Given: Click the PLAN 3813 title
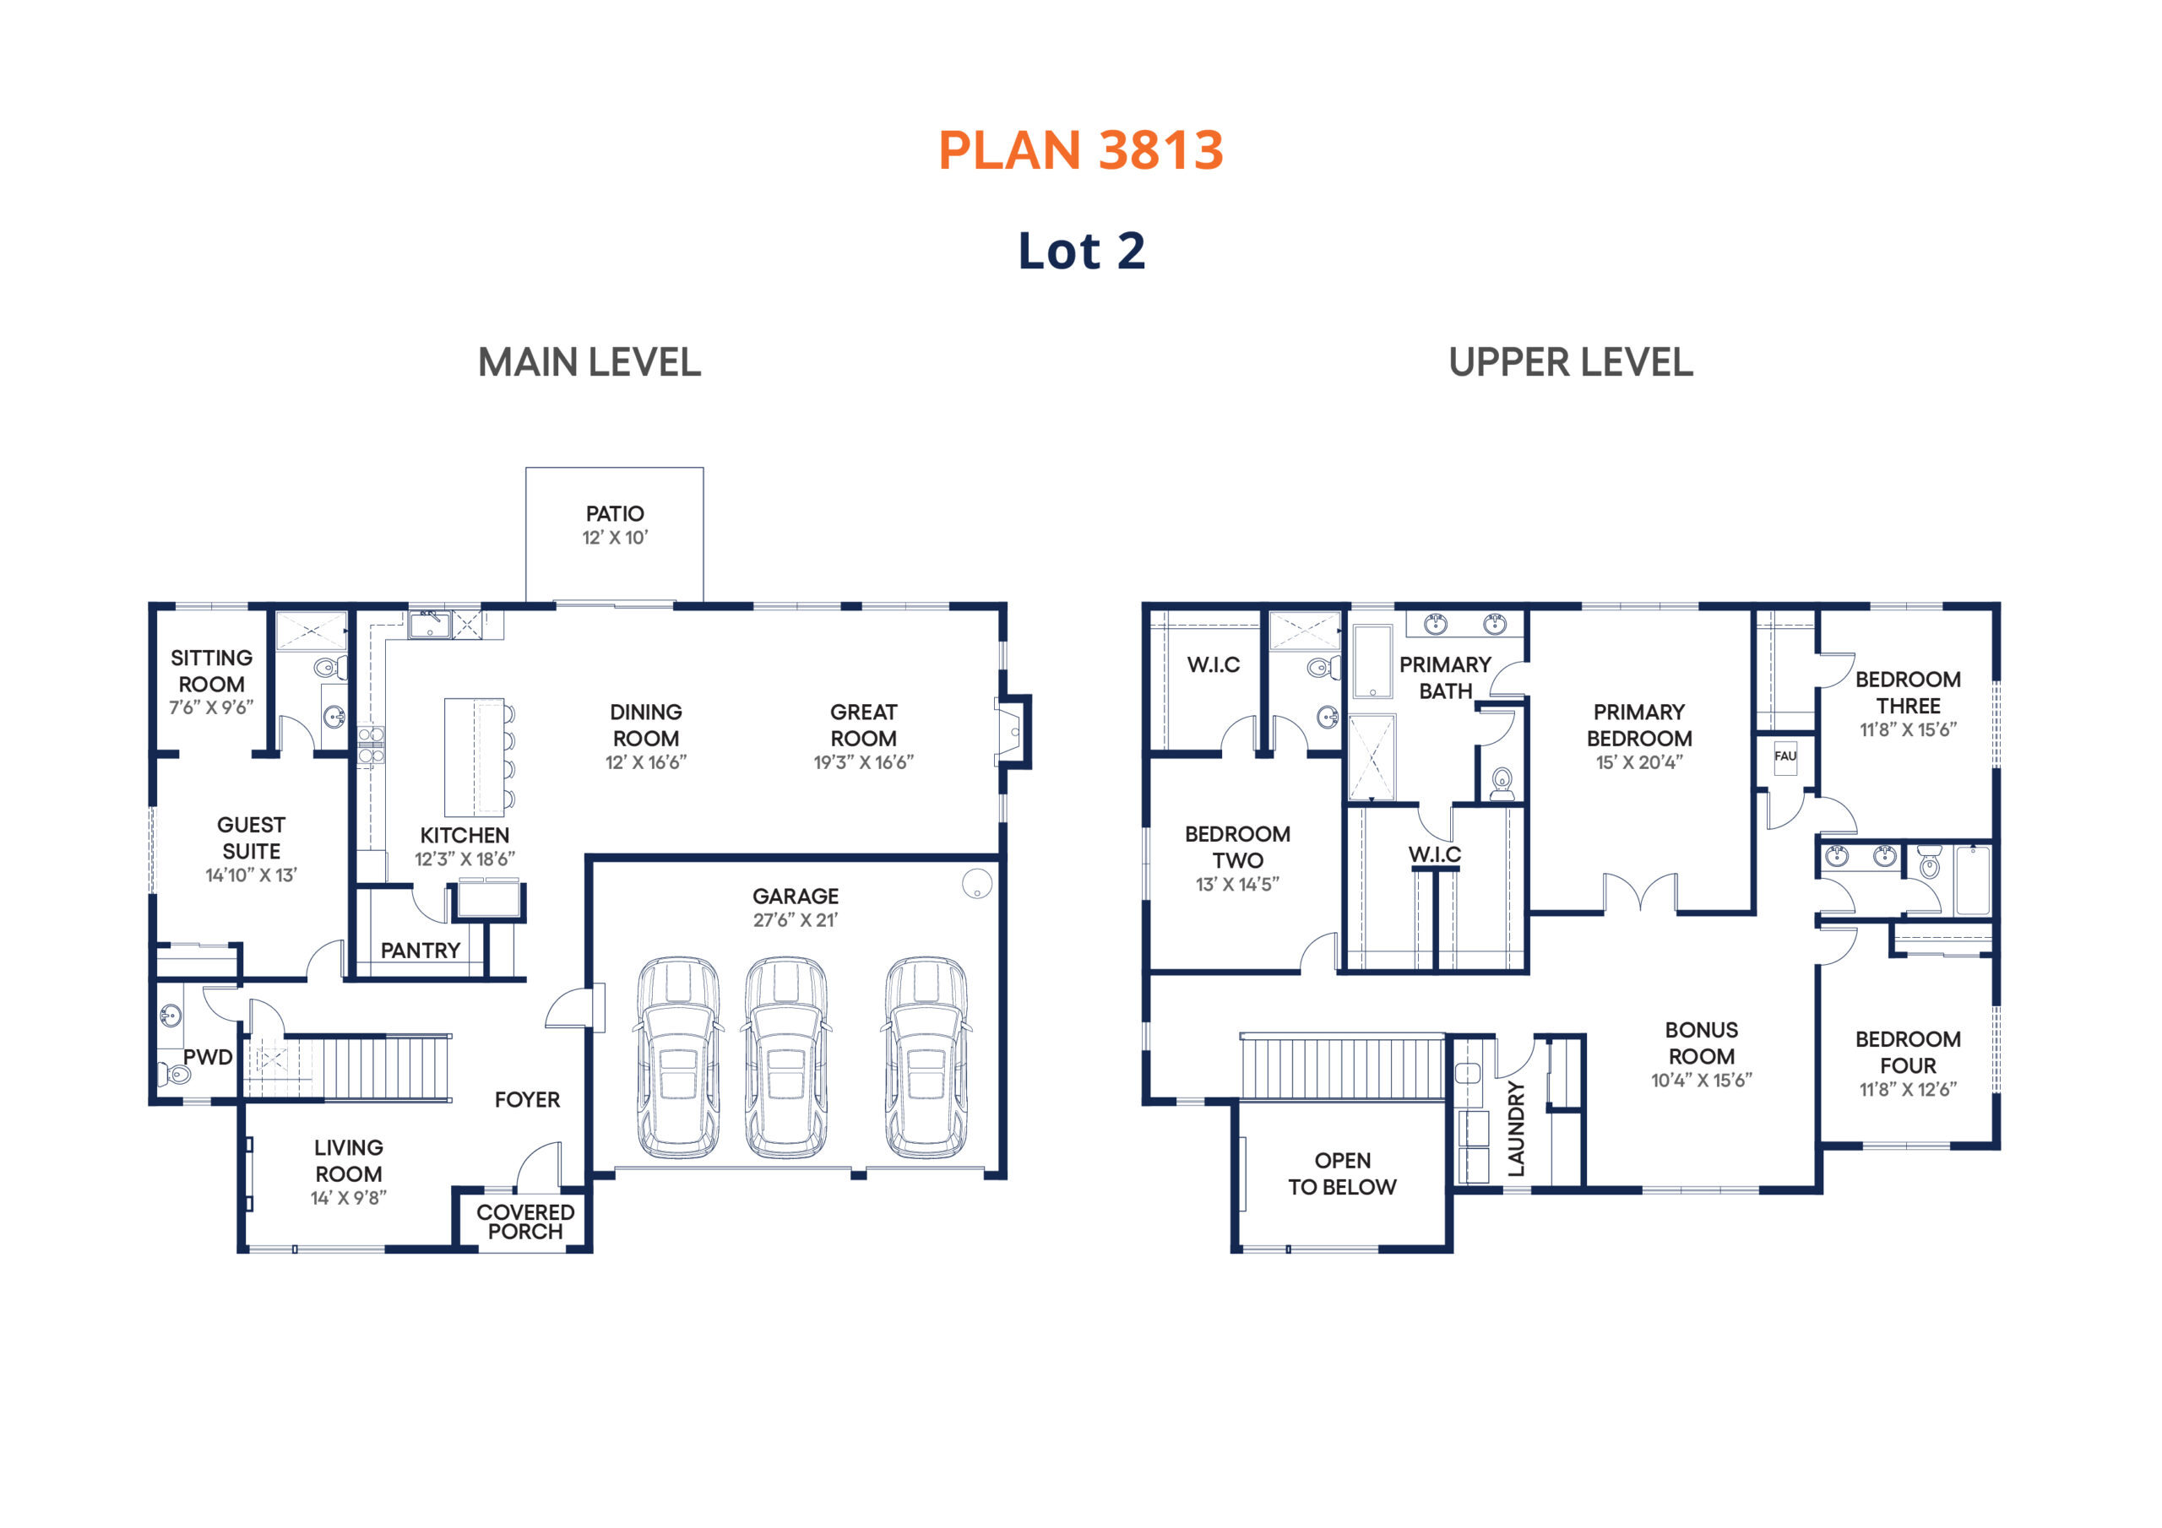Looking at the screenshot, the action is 1080,149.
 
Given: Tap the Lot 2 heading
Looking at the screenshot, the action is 1081,251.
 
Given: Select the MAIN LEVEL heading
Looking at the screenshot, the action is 589,362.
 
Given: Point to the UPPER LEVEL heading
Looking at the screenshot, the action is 1571,362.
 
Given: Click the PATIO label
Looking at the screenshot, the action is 615,514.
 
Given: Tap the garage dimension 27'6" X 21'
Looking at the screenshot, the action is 795,920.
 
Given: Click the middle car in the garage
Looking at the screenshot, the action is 786,1057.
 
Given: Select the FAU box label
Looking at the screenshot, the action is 1785,756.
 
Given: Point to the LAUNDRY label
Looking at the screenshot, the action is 1515,1129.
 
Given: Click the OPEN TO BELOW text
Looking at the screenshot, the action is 1342,1174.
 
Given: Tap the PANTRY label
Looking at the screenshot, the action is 420,951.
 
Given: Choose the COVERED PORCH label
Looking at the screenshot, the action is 525,1222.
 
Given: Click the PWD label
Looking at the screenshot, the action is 207,1057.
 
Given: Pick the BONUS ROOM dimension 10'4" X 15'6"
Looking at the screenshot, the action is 1702,1081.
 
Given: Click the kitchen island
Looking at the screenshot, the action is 475,757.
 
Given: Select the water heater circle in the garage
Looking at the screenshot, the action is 976,883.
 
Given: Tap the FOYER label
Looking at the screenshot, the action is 527,1100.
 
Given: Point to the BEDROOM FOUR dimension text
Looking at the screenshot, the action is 1908,1089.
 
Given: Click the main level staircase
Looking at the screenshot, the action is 367,1067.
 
